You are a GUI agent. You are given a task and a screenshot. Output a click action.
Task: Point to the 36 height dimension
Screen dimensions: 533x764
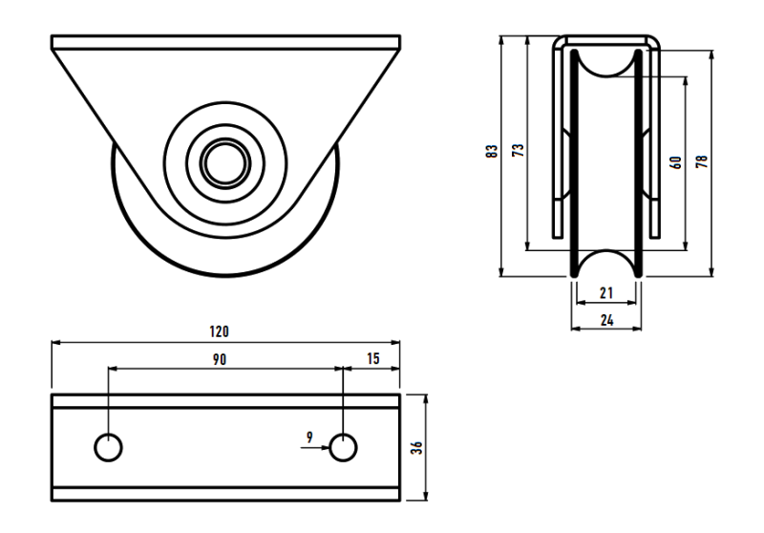point(416,447)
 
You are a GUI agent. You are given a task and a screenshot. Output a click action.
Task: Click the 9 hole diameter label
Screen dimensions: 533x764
point(310,437)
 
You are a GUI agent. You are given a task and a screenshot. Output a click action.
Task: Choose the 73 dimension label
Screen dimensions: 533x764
point(518,151)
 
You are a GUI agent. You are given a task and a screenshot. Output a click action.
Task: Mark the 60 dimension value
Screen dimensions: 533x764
point(676,162)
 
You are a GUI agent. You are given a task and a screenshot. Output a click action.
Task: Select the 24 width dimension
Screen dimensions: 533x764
point(606,321)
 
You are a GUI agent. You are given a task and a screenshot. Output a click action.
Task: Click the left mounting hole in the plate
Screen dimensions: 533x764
point(108,446)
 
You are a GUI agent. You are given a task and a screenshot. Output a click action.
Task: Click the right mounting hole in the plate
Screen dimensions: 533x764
point(343,446)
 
